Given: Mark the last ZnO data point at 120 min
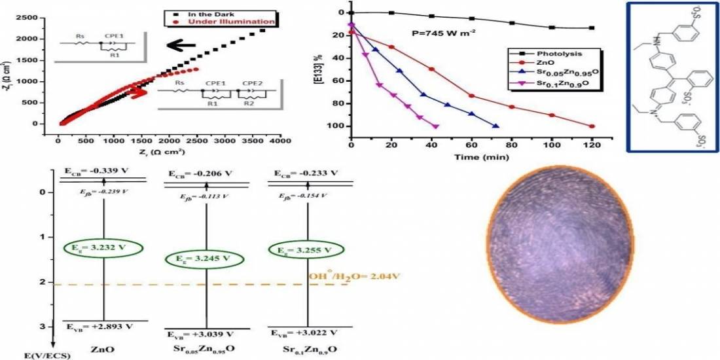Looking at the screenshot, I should tap(592, 126).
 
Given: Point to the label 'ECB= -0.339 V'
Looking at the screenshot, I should tap(96, 171).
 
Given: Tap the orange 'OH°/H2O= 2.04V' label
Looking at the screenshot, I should tap(355, 276).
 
